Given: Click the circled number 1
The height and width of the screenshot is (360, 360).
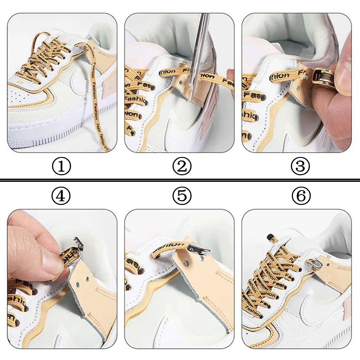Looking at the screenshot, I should click(62, 166).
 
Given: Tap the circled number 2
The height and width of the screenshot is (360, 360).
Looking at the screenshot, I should click(182, 166).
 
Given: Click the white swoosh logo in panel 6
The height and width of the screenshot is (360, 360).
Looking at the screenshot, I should click(310, 310).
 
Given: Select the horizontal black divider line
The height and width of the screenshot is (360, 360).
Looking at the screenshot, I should click(180, 180).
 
